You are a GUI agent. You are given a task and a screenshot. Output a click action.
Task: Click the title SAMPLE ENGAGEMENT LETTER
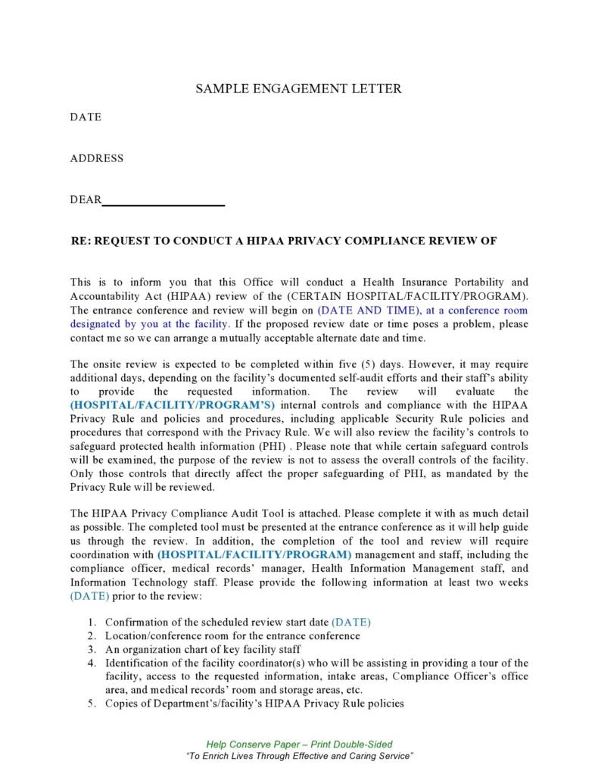pyautogui.click(x=298, y=89)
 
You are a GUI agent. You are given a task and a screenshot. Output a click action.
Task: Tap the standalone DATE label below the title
pyautogui.click(x=86, y=117)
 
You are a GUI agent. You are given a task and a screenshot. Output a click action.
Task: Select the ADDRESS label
pyautogui.click(x=96, y=158)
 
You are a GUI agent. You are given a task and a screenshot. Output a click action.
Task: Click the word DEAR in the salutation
pyautogui.click(x=86, y=200)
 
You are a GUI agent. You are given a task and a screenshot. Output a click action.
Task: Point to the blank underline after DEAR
pyautogui.click(x=164, y=201)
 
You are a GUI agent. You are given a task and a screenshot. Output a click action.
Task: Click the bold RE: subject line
pyautogui.click(x=283, y=241)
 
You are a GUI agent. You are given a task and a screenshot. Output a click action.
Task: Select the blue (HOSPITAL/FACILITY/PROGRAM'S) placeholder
pyautogui.click(x=173, y=405)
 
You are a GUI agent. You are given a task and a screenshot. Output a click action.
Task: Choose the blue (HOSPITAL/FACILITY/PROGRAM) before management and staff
pyautogui.click(x=254, y=555)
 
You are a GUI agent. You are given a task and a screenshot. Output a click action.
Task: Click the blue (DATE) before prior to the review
pyautogui.click(x=89, y=596)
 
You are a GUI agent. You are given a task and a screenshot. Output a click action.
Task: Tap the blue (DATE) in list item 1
pyautogui.click(x=351, y=623)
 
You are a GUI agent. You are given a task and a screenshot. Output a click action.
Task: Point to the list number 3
pyautogui.click(x=90, y=650)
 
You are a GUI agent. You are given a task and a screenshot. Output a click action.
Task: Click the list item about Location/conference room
pyautogui.click(x=232, y=636)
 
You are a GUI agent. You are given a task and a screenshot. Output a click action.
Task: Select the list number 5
pyautogui.click(x=90, y=704)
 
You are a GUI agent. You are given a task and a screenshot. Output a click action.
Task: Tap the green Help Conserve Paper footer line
pyautogui.click(x=299, y=744)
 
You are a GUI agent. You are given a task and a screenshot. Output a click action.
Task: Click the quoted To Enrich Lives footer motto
pyautogui.click(x=299, y=756)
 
